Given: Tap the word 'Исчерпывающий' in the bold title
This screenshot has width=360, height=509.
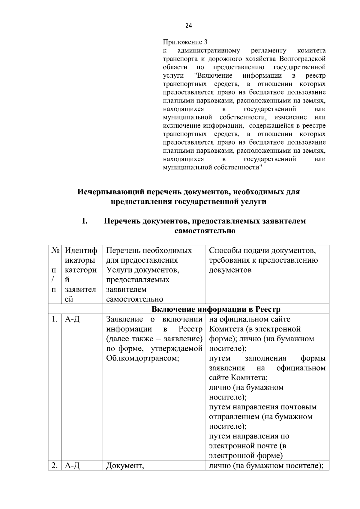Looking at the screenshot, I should (110, 192).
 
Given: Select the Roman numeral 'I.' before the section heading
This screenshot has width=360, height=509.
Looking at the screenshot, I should (85, 221).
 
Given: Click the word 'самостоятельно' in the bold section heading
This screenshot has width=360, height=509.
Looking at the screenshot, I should (205, 231).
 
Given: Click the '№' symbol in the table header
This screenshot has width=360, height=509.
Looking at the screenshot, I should (55, 251).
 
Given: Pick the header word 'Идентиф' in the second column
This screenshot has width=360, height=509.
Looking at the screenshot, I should (81, 251).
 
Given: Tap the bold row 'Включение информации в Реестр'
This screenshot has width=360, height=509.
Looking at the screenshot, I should (216, 309).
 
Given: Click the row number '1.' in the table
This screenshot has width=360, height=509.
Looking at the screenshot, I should (54, 319).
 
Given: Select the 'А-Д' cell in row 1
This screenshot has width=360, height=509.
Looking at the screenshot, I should (72, 319).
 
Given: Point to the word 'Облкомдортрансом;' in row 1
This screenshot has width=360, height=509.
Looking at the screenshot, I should (142, 358).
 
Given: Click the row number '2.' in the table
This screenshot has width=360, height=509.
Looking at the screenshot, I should (54, 466).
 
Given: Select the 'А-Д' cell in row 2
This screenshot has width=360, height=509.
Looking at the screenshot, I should (72, 466).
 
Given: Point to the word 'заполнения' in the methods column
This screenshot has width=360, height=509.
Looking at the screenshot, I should (265, 358).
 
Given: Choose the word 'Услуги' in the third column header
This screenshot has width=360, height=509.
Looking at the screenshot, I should (119, 270).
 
